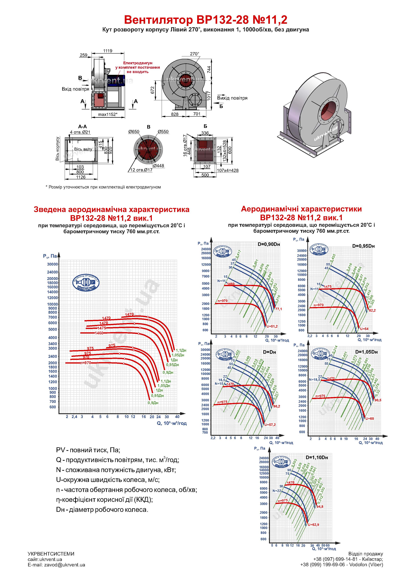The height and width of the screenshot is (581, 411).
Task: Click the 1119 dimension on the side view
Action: point(108,51)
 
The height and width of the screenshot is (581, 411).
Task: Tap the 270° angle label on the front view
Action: point(195,54)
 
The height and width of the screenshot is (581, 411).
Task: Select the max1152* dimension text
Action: point(108,114)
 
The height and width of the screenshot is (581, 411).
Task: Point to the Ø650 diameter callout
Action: point(134,132)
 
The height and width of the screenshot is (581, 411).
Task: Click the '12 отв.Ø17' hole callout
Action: point(141,170)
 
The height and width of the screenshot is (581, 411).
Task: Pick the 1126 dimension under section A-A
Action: point(81,177)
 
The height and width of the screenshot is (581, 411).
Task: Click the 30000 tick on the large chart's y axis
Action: point(52,264)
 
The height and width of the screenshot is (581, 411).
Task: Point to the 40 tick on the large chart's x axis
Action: point(177,417)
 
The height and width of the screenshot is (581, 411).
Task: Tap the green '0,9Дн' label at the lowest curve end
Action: point(153,403)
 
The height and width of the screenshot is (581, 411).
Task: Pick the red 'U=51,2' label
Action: point(272,327)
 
